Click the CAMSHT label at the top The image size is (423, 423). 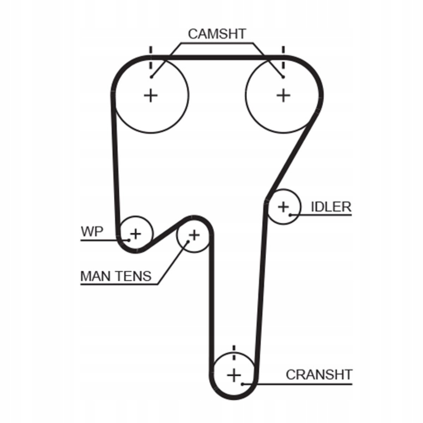pyautogui.click(x=216, y=34)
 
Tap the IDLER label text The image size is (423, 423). pyautogui.click(x=331, y=207)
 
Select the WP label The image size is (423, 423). pyautogui.click(x=92, y=232)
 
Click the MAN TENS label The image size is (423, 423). pyautogui.click(x=116, y=276)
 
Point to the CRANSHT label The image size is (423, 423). pyautogui.click(x=319, y=375)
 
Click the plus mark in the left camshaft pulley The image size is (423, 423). pyautogui.click(x=151, y=95)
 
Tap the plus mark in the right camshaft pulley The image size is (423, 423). pyautogui.click(x=283, y=95)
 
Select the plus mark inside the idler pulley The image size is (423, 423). pyautogui.click(x=283, y=207)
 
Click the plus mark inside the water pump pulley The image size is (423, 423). pyautogui.click(x=136, y=233)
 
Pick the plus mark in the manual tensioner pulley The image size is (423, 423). pyautogui.click(x=194, y=234)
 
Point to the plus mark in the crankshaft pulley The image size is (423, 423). pyautogui.click(x=234, y=375)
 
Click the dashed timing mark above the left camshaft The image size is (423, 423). pyautogui.click(x=151, y=59)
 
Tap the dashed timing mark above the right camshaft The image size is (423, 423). pyautogui.click(x=283, y=59)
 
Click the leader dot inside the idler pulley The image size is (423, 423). pyautogui.click(x=290, y=214)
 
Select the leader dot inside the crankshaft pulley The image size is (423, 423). pyautogui.click(x=243, y=384)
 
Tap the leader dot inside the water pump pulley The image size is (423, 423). pyautogui.click(x=129, y=240)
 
